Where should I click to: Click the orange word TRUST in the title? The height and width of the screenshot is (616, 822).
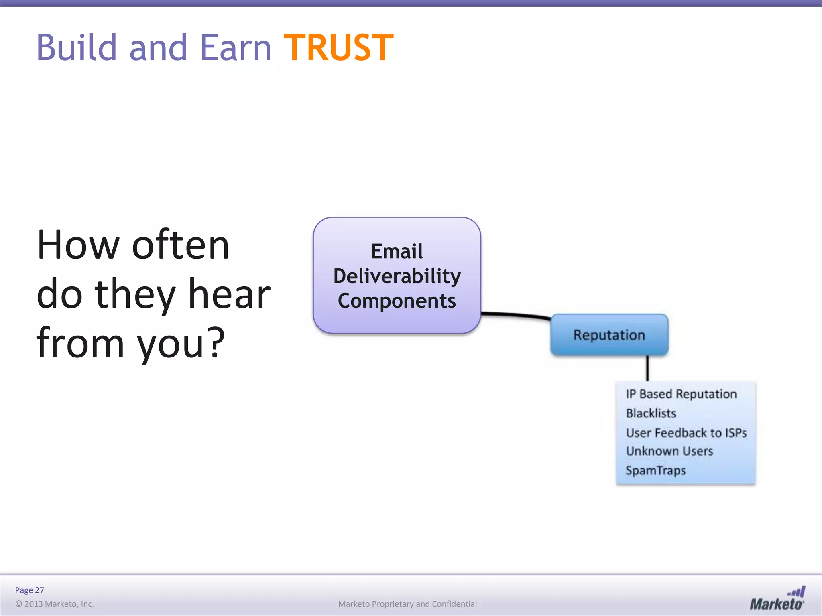tap(338, 48)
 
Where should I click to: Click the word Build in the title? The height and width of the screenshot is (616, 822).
tap(77, 48)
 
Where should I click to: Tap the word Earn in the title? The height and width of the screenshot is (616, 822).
tap(236, 48)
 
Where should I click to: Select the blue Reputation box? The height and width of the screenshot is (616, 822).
tap(609, 335)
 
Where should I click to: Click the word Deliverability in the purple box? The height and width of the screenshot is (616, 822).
tap(397, 276)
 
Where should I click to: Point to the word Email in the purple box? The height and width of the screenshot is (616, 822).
tap(397, 251)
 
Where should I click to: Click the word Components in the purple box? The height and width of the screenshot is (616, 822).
tap(397, 301)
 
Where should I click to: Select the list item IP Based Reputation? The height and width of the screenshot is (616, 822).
tap(681, 394)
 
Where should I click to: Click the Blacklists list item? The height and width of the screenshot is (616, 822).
tap(651, 413)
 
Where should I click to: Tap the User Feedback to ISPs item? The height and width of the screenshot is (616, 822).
tap(686, 432)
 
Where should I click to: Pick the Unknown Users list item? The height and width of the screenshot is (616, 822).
tap(669, 451)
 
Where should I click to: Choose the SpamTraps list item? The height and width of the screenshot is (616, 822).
tap(655, 470)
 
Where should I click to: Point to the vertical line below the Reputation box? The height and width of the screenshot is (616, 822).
tap(647, 368)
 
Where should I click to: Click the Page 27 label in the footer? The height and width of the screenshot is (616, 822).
tap(29, 590)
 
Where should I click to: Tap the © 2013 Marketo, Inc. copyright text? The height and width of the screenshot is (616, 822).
tap(55, 604)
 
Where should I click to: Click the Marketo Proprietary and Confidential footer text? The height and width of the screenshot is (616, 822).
tap(407, 604)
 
